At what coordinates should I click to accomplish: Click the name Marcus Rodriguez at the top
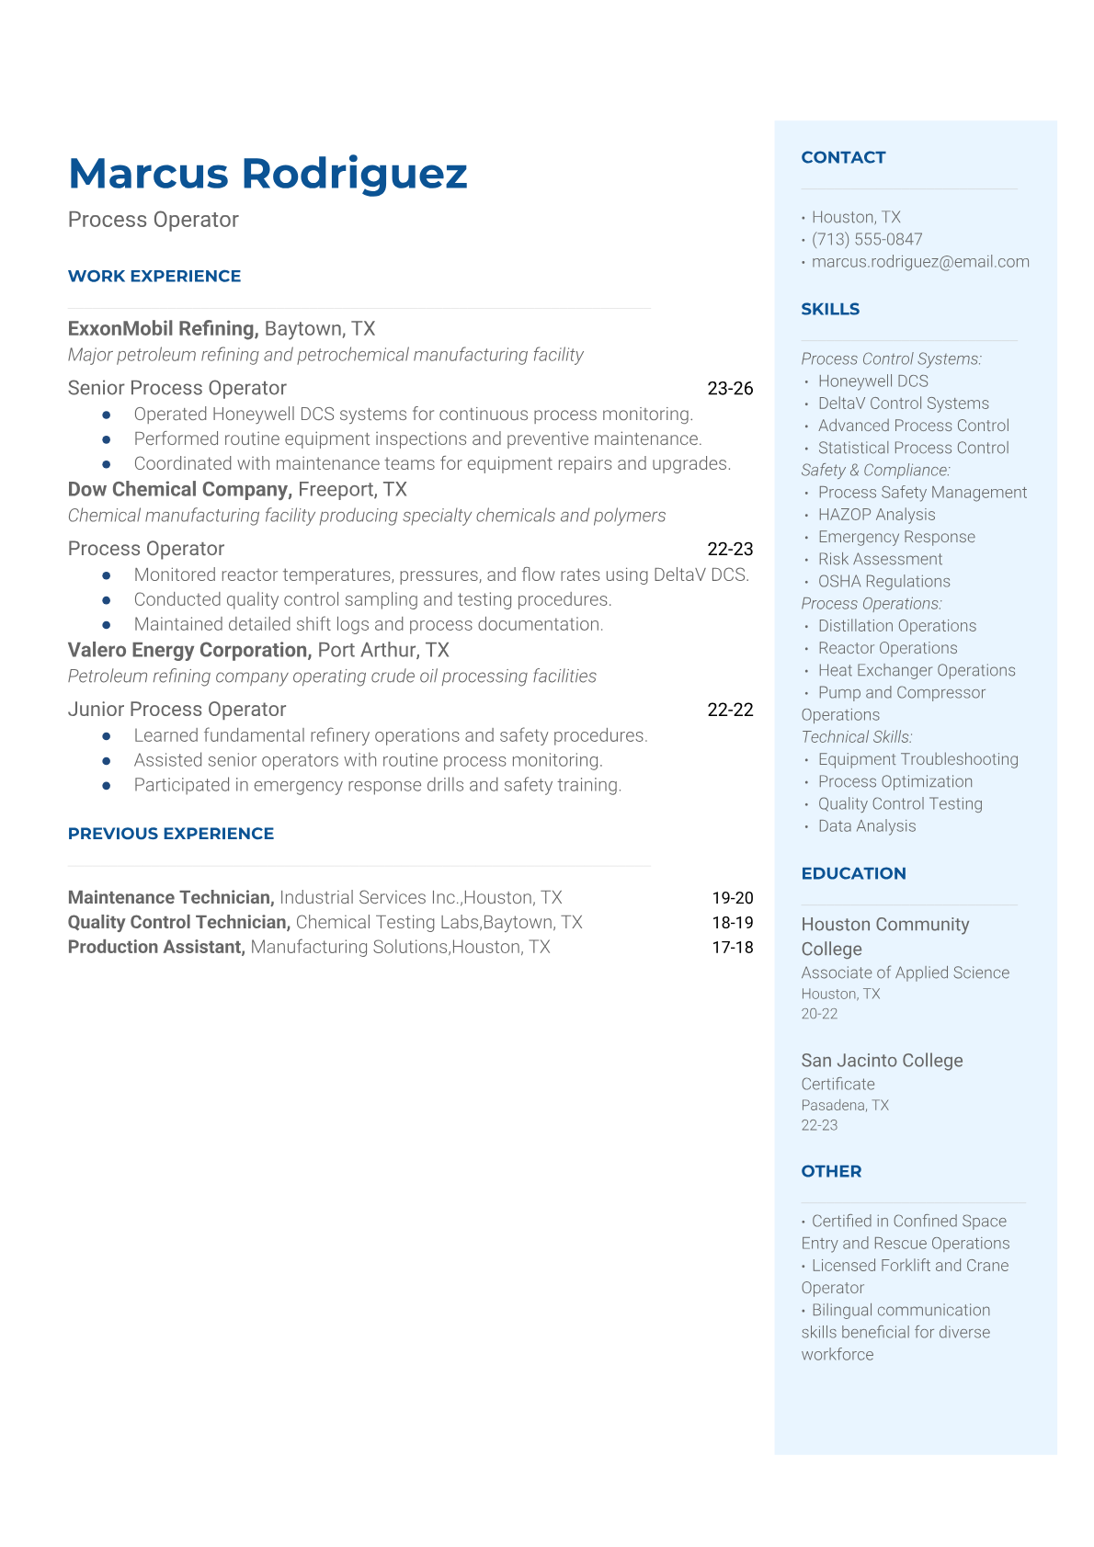268,174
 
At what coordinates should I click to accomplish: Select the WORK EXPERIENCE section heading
154,276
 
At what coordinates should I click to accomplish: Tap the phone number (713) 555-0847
867,239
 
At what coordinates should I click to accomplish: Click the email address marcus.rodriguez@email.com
920,261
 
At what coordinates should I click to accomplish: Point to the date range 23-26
730,388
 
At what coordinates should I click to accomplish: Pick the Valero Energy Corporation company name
189,650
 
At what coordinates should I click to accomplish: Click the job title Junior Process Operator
177,709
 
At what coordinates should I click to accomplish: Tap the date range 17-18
732,947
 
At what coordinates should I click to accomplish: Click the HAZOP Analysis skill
876,515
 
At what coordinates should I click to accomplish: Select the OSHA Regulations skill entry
883,581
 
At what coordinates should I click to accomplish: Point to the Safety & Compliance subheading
875,470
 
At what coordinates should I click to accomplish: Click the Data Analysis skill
866,825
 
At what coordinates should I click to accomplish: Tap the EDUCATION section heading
853,873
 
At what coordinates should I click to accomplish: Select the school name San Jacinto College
882,1060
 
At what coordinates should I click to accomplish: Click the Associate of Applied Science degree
905,973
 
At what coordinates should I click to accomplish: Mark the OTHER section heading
831,1171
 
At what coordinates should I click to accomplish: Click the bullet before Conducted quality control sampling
107,599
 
